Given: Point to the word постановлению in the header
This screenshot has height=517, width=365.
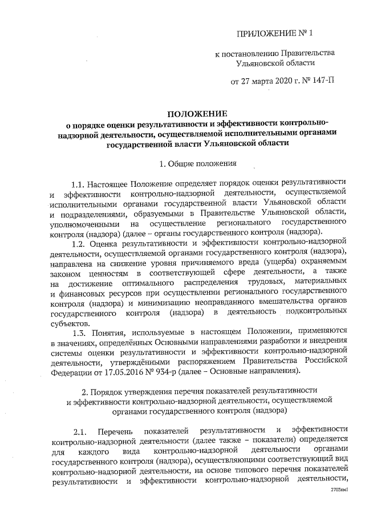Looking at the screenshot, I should tap(251, 53).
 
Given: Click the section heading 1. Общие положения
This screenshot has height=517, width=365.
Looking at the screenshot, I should tap(198, 165).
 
